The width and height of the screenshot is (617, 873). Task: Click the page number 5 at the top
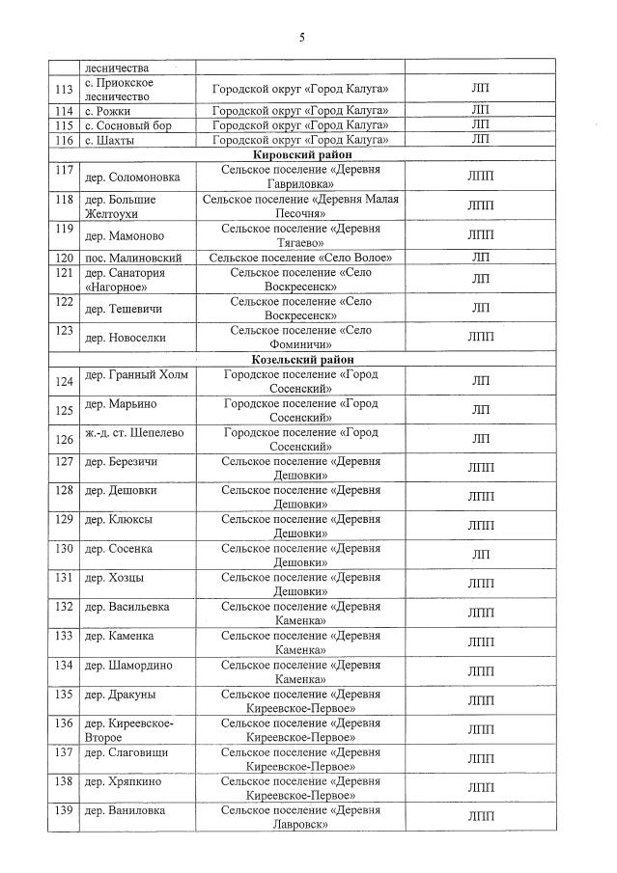tap(302, 37)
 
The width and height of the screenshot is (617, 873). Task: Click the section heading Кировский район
tap(302, 155)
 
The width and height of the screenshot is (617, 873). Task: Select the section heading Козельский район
tap(302, 358)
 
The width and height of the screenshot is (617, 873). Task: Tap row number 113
tap(66, 90)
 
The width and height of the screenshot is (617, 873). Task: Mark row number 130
tap(65, 549)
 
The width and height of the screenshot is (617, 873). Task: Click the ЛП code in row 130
tap(480, 555)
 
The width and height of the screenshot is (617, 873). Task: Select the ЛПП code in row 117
tap(480, 177)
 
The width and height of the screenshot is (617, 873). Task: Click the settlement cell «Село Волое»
tap(300, 258)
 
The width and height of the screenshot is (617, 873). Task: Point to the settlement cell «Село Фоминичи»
tap(300, 337)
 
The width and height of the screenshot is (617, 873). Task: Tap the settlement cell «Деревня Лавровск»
tap(300, 817)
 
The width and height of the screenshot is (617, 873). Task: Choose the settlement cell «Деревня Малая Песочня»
tap(300, 205)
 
